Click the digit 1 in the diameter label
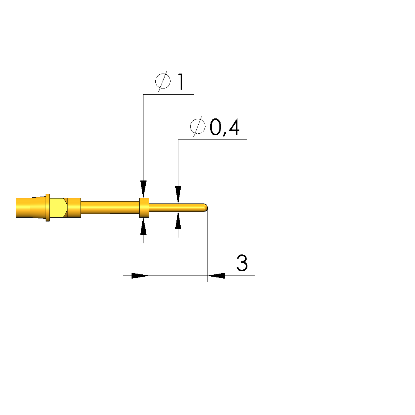pyautogui.click(x=181, y=82)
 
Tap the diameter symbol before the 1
pyautogui.click(x=163, y=81)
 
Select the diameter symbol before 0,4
pyautogui.click(x=198, y=126)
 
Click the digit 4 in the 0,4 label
pyautogui.click(x=233, y=127)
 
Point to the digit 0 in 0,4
pyautogui.click(x=216, y=127)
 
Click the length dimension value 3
pyautogui.click(x=242, y=263)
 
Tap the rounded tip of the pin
pyautogui.click(x=205, y=208)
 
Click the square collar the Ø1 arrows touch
pyautogui.click(x=144, y=208)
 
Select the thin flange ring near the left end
pyautogui.click(x=48, y=208)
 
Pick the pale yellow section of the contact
pyautogui.click(x=58, y=208)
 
